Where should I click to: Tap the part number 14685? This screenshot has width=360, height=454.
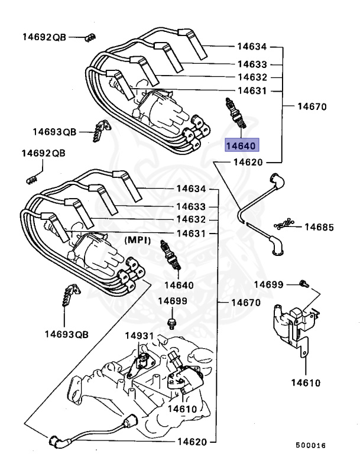pos(319,227)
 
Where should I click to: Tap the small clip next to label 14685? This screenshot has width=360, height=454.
pos(283,225)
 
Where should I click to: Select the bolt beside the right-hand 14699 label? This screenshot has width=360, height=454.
pos(303,284)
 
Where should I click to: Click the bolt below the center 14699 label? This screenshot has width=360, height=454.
pos(171,323)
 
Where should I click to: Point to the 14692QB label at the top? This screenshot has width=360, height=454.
pos(45,37)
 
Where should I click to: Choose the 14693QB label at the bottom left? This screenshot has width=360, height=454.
pos(66,334)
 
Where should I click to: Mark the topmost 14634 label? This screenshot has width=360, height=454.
pos(252,47)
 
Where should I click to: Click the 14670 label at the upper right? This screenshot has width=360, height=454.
pos(312,107)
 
